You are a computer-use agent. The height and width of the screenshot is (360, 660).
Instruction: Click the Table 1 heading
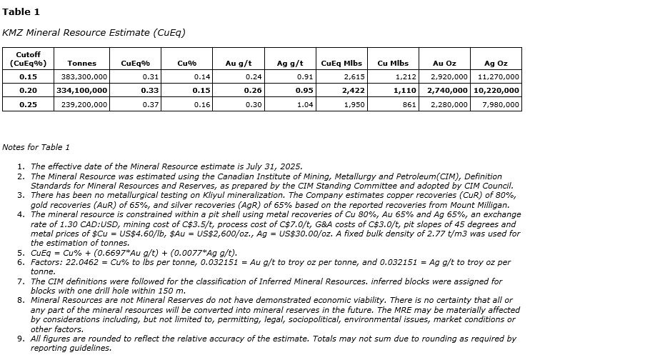point(21,11)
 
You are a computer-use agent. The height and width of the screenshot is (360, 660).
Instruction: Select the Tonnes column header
point(81,64)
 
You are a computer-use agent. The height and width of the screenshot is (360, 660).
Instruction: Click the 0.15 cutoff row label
point(29,76)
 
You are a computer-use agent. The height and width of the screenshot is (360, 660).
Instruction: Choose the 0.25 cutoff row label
point(29,104)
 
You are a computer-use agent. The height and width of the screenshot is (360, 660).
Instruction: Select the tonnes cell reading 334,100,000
point(82,91)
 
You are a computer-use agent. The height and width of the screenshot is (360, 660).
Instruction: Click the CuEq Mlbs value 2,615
point(354,76)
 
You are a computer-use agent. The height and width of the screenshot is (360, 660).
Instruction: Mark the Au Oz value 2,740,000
point(448,91)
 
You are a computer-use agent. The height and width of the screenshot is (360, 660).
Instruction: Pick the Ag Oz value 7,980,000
point(501,104)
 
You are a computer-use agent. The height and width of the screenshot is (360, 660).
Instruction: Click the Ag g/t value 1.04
point(304,104)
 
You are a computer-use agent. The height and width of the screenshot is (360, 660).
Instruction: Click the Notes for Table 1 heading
point(36,147)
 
